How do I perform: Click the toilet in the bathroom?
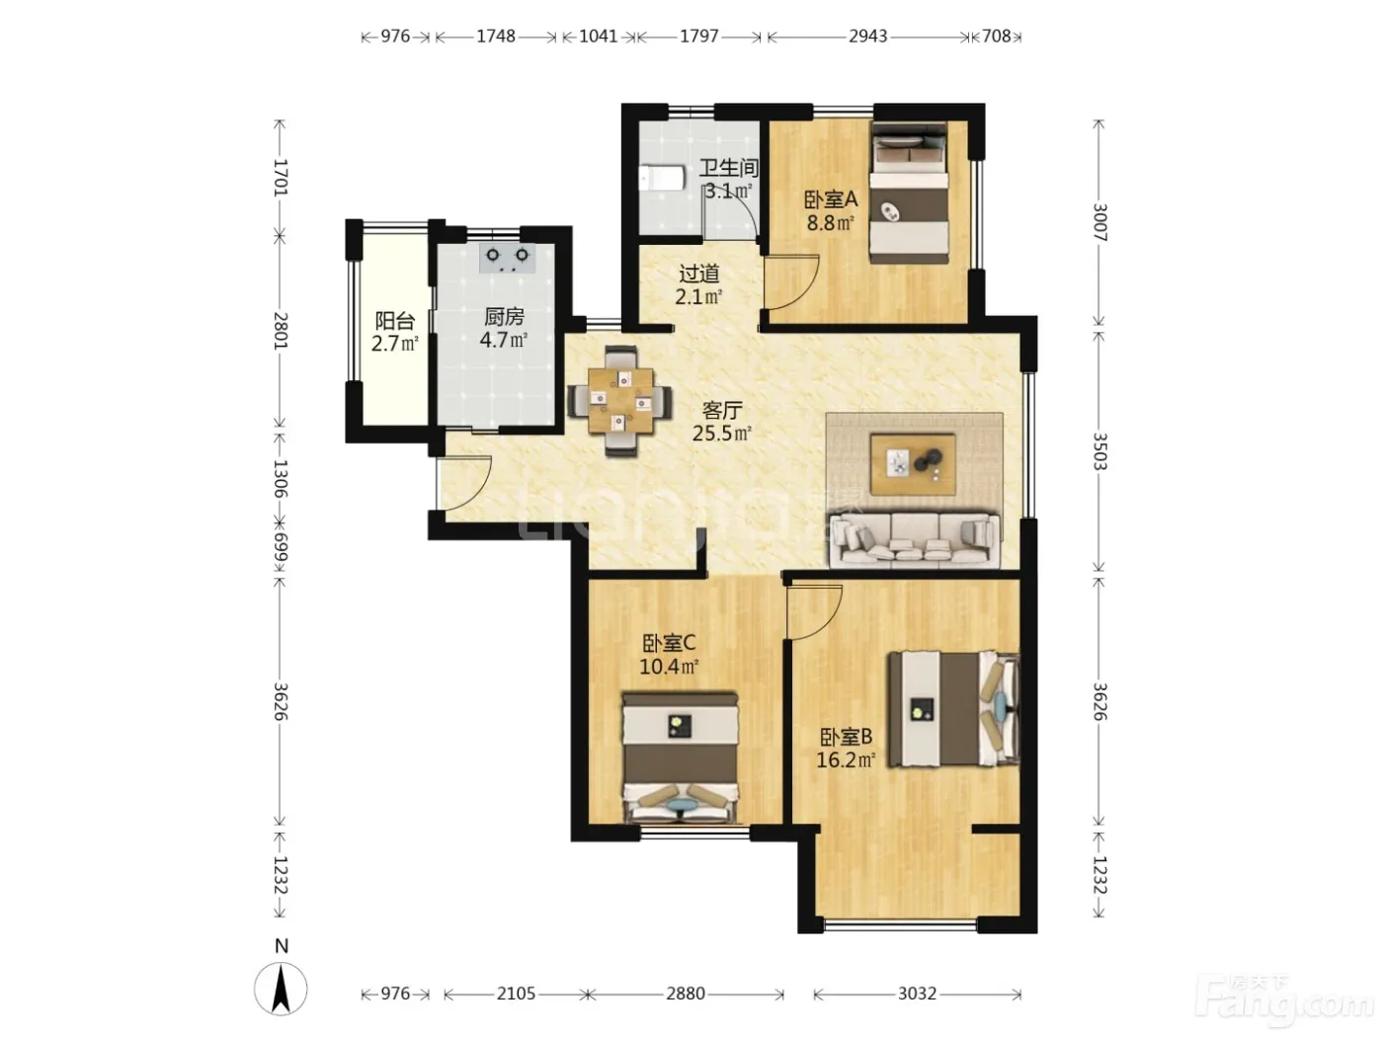[662, 178]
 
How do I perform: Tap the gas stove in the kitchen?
[507, 258]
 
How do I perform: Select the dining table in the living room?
[620, 400]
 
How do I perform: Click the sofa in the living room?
[915, 540]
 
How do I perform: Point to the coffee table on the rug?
[913, 464]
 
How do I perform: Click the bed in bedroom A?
[909, 193]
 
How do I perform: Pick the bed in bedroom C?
[680, 758]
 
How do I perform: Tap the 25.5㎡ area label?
[722, 434]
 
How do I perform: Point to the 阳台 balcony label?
[395, 321]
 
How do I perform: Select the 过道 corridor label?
[698, 274]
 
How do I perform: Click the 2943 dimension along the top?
[867, 37]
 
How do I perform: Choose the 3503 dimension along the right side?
[1099, 451]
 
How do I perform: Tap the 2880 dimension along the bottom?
[686, 994]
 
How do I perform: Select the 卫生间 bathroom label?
[729, 168]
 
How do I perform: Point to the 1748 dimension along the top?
[495, 37]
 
